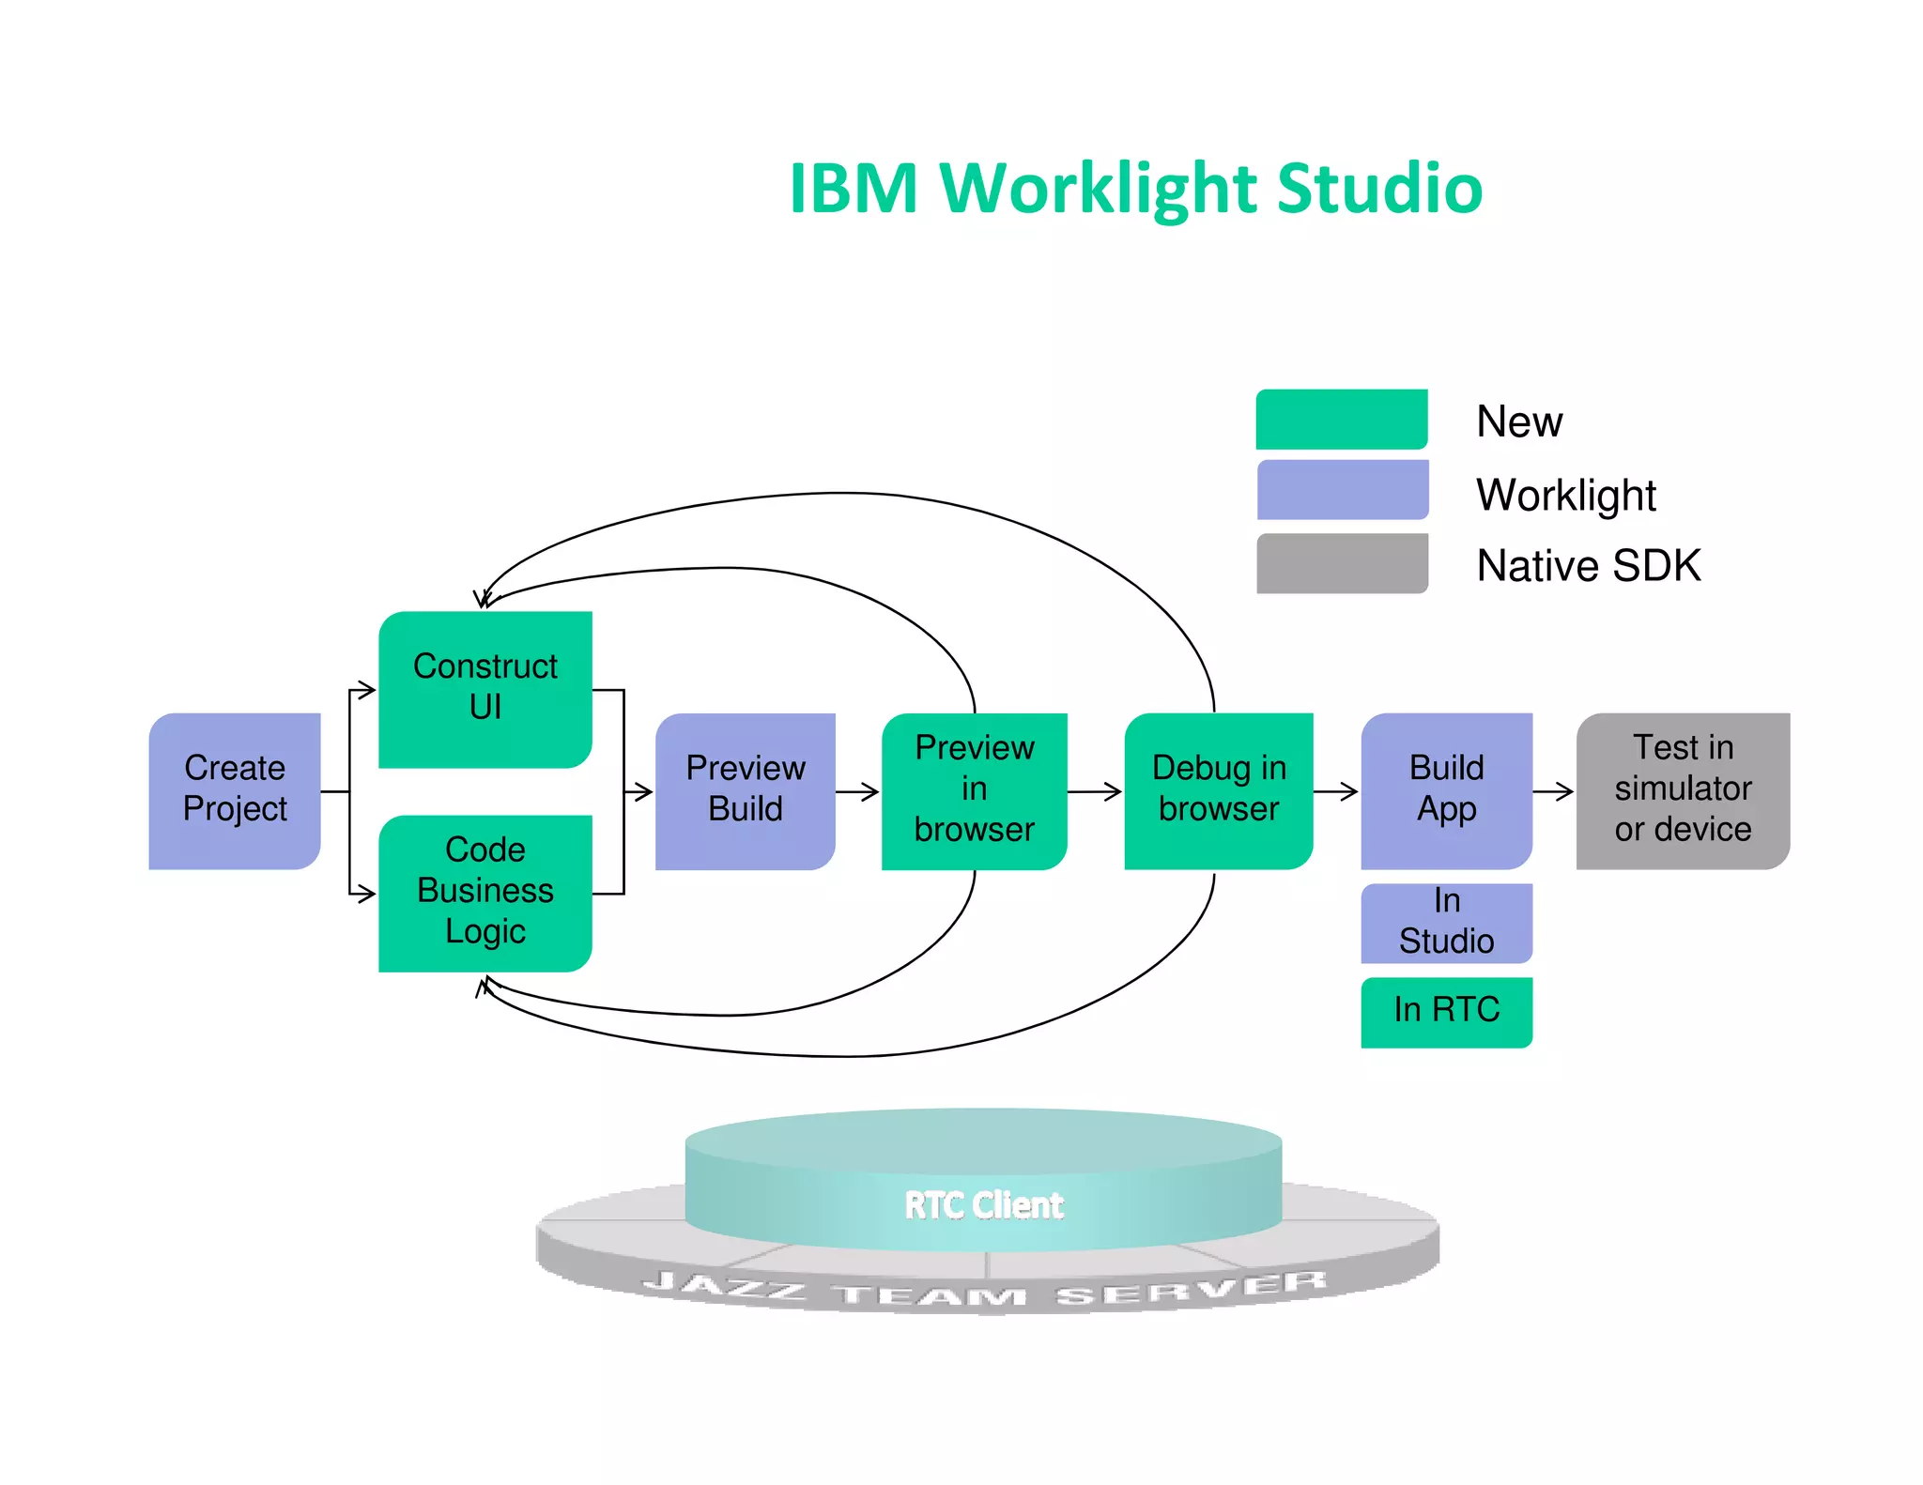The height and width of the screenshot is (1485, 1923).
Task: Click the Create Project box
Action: pos(235,790)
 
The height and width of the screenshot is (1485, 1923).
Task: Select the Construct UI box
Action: pos(485,689)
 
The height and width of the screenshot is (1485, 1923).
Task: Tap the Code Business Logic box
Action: pos(485,892)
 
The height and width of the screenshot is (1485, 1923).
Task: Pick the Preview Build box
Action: pos(745,790)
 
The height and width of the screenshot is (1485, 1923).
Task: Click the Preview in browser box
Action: pos(974,790)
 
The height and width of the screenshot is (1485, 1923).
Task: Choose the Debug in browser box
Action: pos(1218,790)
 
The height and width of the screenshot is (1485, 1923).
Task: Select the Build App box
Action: pos(1446,790)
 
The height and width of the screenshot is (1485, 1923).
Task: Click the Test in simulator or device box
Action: pos(1682,790)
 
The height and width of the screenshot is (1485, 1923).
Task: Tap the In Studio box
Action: pos(1446,923)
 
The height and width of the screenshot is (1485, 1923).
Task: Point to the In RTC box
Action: pos(1446,1011)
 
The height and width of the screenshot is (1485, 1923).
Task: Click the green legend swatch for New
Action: pos(1341,420)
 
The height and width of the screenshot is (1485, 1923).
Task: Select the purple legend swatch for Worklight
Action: pos(1342,489)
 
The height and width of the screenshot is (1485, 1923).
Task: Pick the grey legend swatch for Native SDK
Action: pos(1342,563)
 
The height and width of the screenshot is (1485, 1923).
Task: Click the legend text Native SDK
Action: pos(1588,566)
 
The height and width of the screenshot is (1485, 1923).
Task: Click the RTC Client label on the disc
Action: pos(983,1205)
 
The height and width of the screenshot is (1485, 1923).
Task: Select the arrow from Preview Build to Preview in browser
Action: pos(857,792)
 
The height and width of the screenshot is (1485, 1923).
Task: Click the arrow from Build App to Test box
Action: pos(1553,792)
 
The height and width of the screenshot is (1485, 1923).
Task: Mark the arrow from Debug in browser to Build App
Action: pos(1335,792)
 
